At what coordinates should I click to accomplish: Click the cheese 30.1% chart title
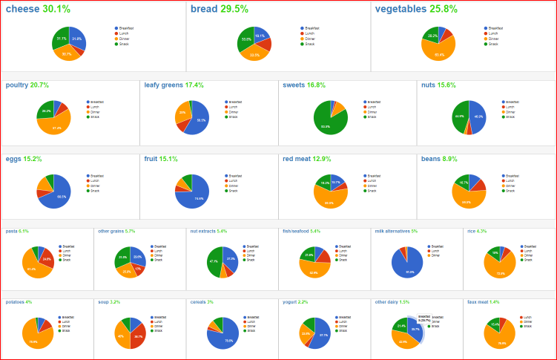(38, 10)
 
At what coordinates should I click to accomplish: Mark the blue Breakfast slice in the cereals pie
(225, 338)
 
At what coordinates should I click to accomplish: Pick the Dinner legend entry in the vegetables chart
(493, 39)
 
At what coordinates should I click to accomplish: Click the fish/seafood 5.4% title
(301, 232)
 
